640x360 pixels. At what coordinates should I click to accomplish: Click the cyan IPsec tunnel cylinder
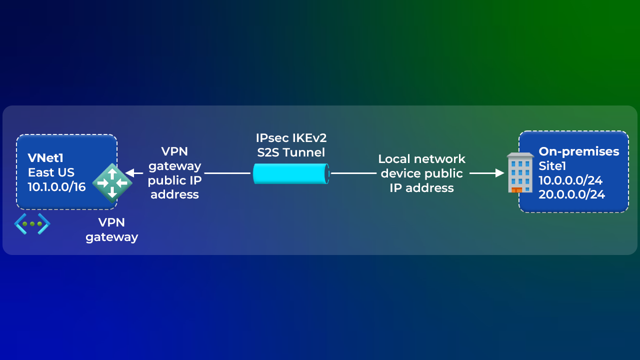[x=291, y=173]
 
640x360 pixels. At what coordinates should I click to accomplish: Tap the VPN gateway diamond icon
[x=112, y=182]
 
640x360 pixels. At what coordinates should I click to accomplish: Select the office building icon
[x=520, y=172]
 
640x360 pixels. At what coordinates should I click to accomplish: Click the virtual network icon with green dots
[x=32, y=223]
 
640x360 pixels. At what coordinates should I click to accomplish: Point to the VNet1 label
[x=46, y=158]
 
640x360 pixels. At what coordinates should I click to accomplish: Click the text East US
[x=51, y=172]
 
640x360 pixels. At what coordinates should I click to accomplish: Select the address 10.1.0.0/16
[x=56, y=187]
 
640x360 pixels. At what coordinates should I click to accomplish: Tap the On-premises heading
[x=578, y=151]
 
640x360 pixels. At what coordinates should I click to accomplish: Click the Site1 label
[x=552, y=166]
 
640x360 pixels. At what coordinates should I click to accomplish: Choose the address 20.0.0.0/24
[x=571, y=194]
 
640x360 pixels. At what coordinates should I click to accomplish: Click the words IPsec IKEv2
[x=291, y=137]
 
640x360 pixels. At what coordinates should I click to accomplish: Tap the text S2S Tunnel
[x=291, y=152]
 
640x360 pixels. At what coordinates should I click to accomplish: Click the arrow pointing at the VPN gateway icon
[x=133, y=173]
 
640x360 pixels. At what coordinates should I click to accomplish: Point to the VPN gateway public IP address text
[x=174, y=173]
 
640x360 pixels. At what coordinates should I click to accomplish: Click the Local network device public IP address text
[x=421, y=173]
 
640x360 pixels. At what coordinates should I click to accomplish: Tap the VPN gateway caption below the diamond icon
[x=111, y=229]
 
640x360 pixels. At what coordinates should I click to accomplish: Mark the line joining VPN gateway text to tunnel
[x=227, y=173]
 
